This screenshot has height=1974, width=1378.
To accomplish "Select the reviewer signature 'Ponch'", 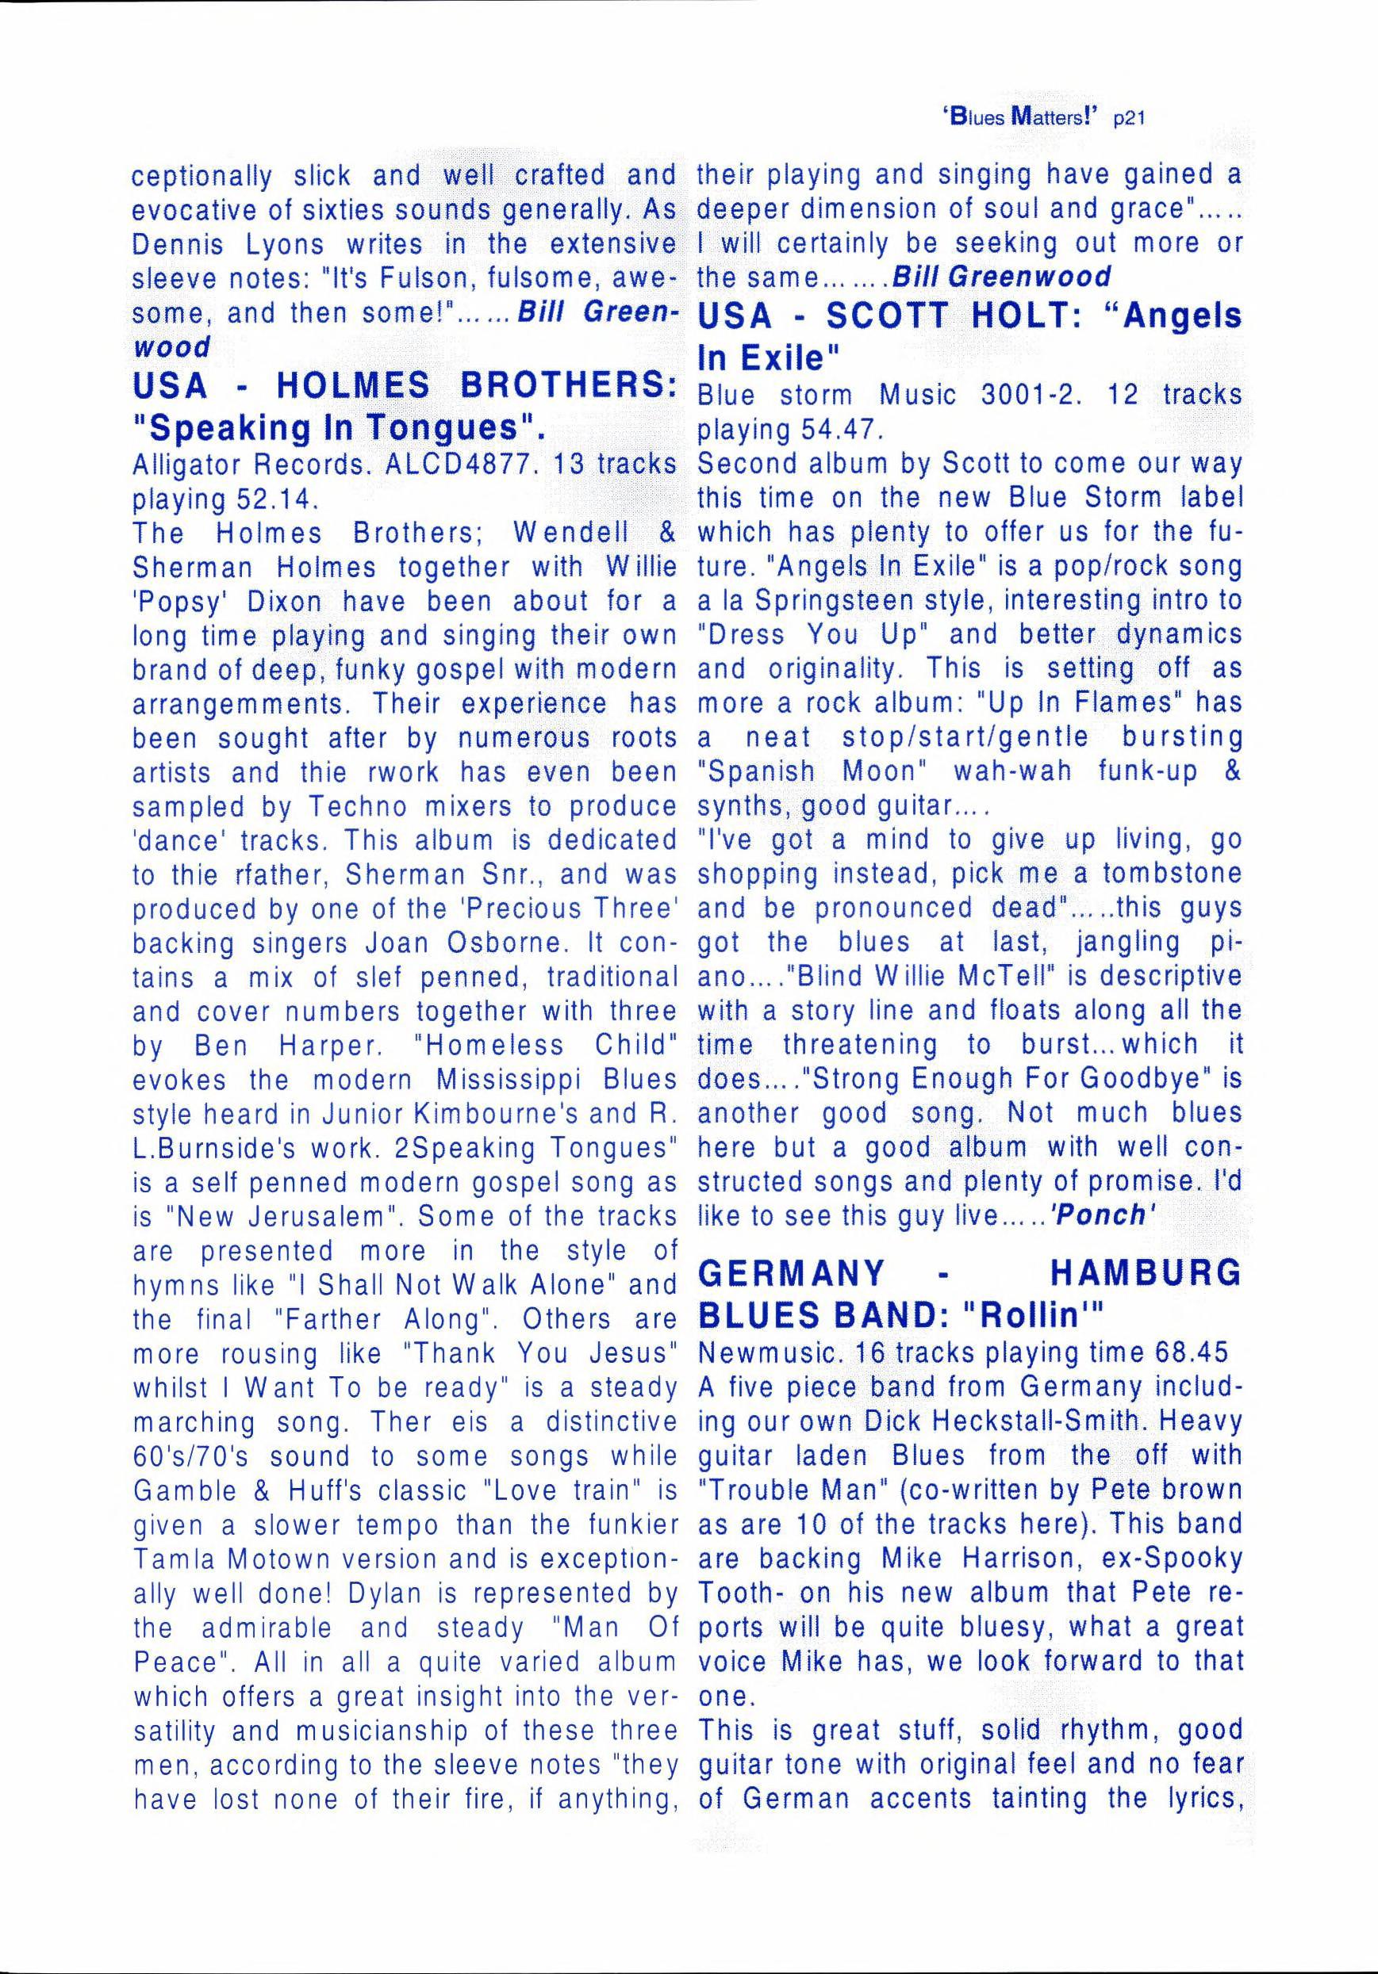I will [x=1100, y=1215].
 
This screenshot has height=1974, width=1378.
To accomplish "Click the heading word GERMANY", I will [x=792, y=1272].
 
